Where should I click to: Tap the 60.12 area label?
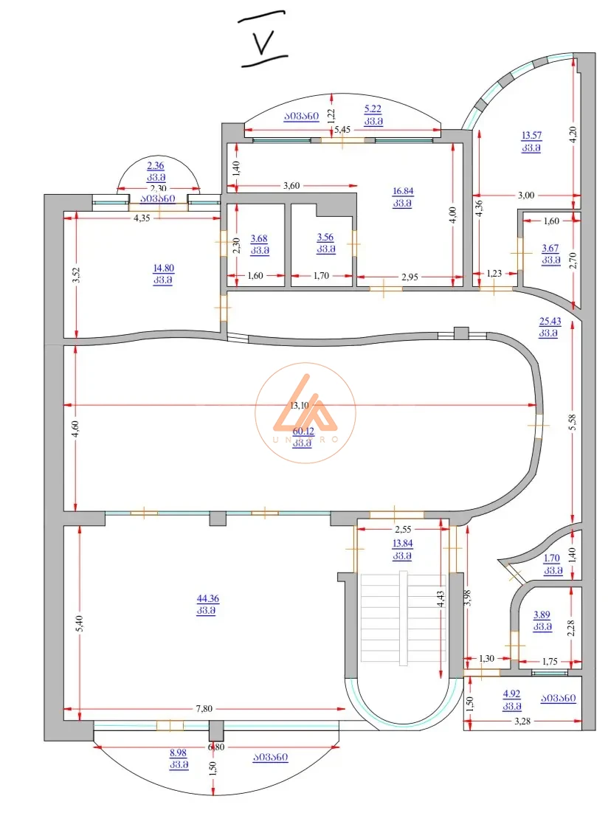tap(303, 432)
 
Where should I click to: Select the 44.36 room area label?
tap(207, 598)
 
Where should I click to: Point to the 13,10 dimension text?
tap(300, 406)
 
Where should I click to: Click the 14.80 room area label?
tap(164, 268)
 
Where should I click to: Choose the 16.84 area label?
tap(403, 191)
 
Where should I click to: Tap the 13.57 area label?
tap(531, 136)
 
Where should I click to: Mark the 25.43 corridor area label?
tap(550, 321)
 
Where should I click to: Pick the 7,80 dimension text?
tap(204, 709)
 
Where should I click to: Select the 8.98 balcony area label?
tap(179, 752)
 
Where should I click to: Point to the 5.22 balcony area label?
tap(373, 108)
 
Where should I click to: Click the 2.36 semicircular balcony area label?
tap(156, 165)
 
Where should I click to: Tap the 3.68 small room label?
tap(259, 238)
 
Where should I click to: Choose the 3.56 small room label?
tap(325, 238)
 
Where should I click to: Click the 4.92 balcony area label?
tap(512, 694)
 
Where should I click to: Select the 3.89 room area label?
tap(542, 615)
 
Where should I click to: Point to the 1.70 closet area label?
tap(552, 558)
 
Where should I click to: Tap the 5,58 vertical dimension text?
tap(573, 422)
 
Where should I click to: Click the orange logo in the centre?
tap(305, 412)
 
